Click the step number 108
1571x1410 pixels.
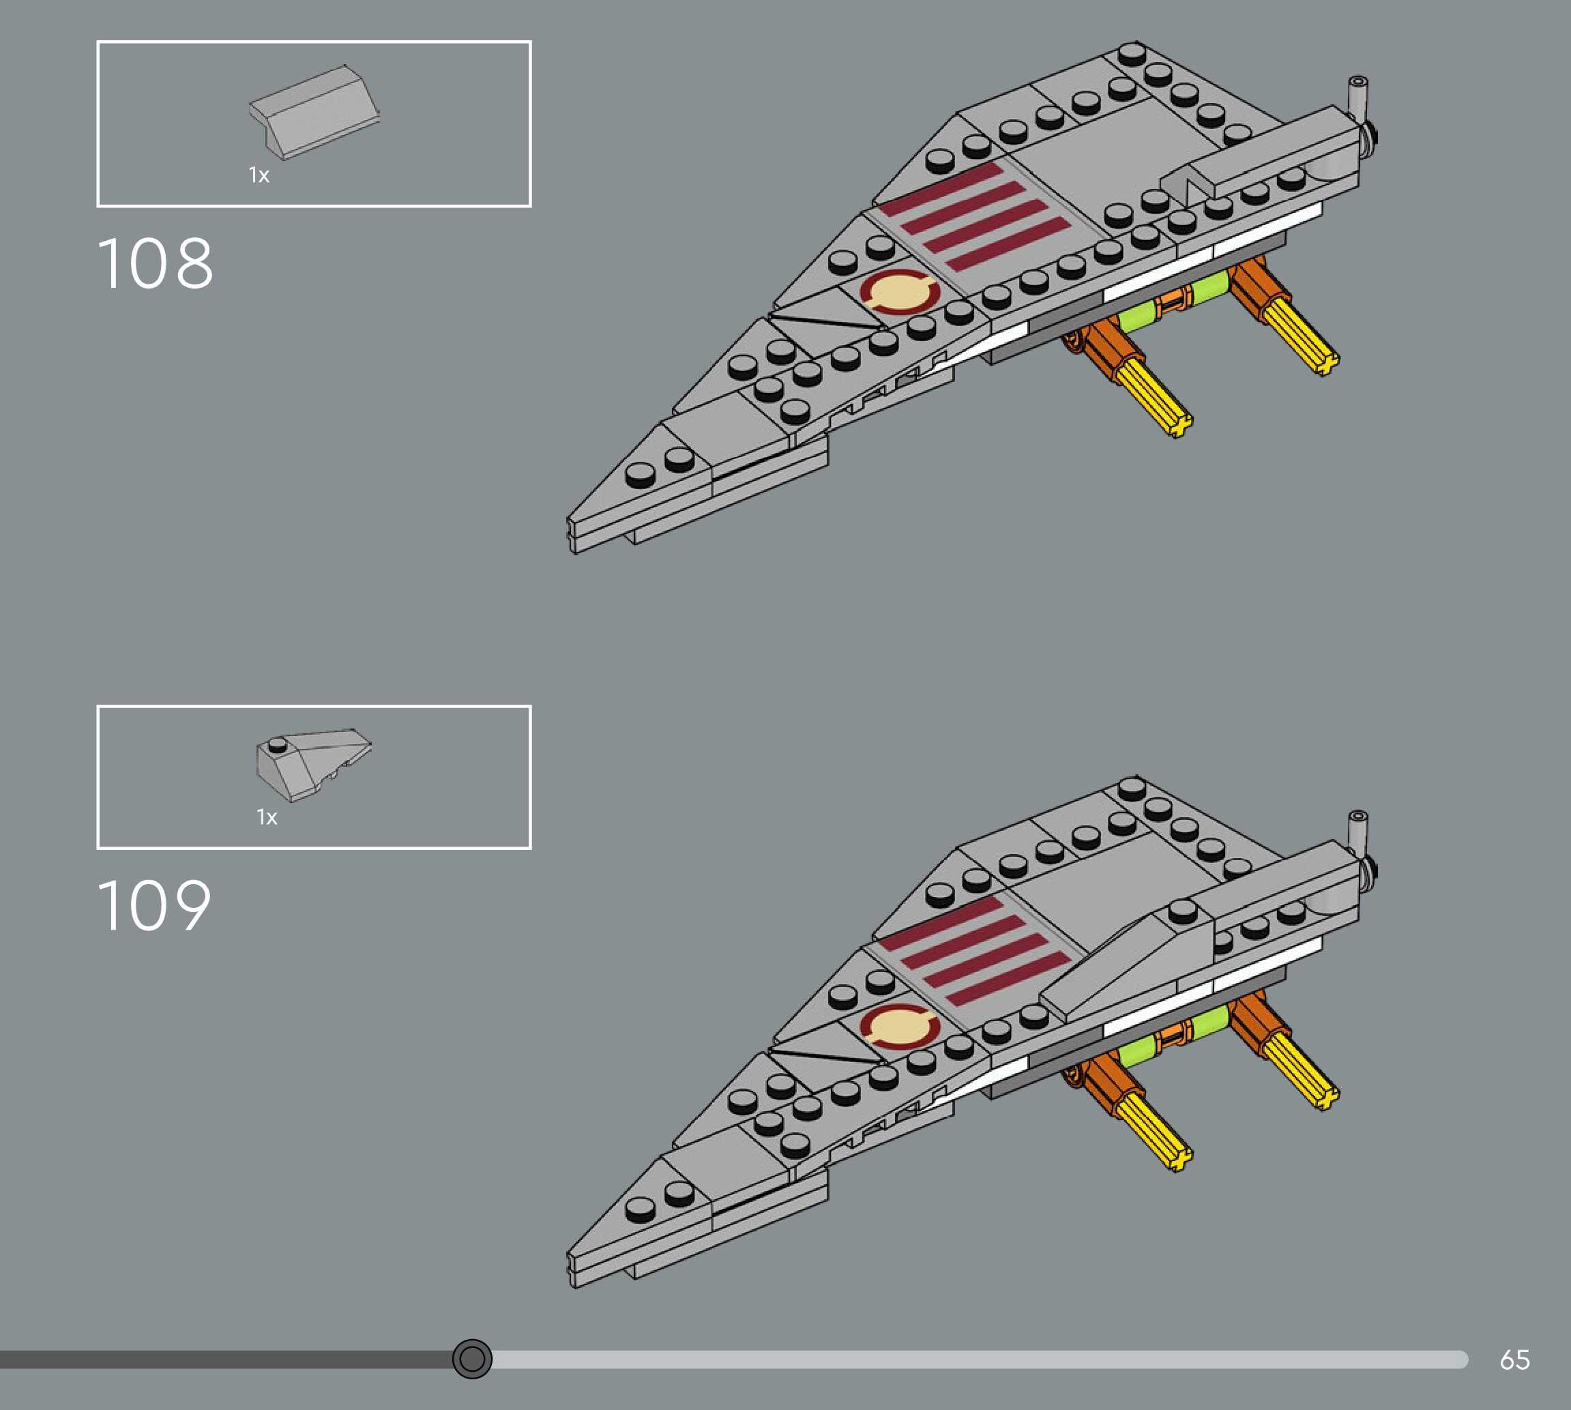[155, 264]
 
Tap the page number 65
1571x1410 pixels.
[1514, 1359]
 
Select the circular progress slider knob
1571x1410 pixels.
[472, 1358]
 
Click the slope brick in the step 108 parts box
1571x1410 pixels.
[314, 113]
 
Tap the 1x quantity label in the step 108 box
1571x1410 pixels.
[259, 176]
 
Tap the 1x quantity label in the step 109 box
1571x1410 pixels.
[267, 817]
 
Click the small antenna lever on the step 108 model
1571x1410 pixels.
[1358, 96]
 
